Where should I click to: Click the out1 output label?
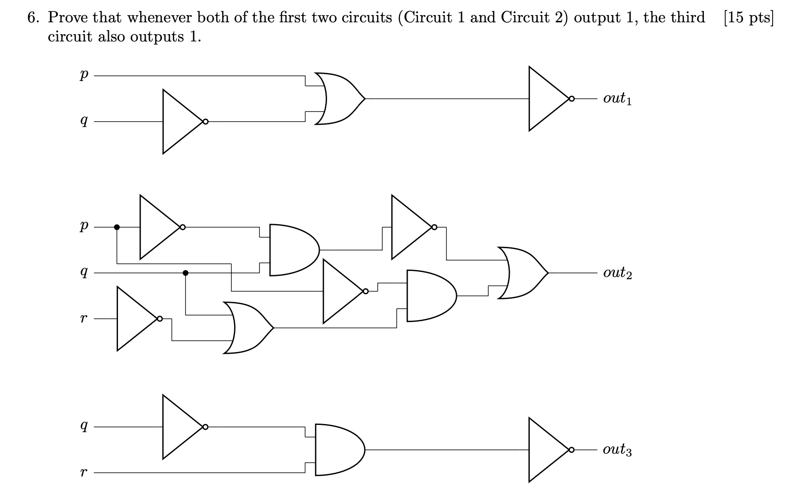click(x=617, y=98)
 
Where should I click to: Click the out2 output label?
click(x=617, y=273)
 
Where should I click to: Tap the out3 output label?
click(x=617, y=450)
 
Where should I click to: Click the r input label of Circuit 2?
click(x=83, y=319)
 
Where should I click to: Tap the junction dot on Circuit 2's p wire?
click(x=117, y=227)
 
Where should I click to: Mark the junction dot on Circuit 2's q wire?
click(x=185, y=273)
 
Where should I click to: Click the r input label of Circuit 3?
click(x=83, y=473)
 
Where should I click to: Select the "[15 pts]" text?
click(x=748, y=18)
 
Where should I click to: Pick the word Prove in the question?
click(x=68, y=18)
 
